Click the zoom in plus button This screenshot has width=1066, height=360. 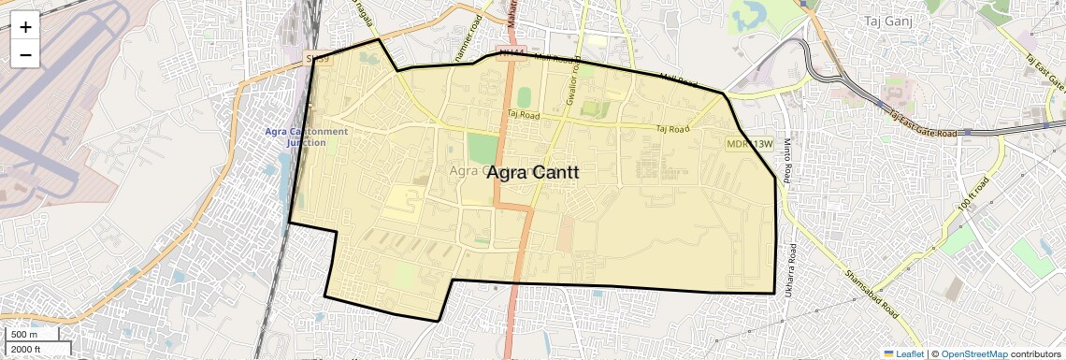click(x=25, y=27)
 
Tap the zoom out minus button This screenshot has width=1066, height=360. click(x=25, y=55)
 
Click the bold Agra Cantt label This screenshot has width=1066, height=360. click(x=533, y=173)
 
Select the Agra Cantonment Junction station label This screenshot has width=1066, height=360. click(x=306, y=137)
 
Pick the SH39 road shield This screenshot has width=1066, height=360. click(x=318, y=59)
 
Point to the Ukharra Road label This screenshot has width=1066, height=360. click(x=792, y=266)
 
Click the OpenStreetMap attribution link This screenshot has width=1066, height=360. click(x=973, y=353)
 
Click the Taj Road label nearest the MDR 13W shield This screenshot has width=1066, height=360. click(x=672, y=129)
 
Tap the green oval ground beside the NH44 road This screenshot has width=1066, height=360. click(x=524, y=97)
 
